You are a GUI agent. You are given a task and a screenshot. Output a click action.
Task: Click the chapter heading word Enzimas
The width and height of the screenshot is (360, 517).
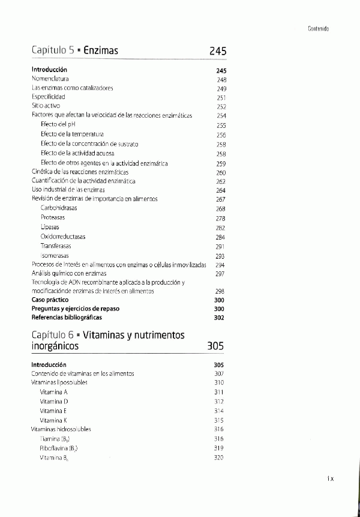[101, 51]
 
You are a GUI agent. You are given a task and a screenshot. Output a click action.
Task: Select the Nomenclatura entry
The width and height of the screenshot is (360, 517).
[50, 79]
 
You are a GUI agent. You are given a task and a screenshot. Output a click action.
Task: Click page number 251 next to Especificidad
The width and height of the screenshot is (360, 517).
[221, 97]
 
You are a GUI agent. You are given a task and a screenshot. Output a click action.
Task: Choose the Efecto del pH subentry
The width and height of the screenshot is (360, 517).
[56, 125]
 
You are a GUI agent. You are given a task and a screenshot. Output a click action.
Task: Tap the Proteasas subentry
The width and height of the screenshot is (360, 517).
[53, 217]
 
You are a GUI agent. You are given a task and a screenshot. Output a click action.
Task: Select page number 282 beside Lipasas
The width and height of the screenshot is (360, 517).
[220, 228]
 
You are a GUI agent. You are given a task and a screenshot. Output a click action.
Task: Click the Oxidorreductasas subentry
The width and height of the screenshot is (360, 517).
[63, 237]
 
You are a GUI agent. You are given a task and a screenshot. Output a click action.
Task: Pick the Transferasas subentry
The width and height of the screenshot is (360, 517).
[56, 246]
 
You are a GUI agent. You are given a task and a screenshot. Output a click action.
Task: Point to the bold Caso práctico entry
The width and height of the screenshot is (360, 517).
[50, 299]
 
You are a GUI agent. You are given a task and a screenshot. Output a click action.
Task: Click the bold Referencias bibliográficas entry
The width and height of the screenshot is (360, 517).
[67, 317]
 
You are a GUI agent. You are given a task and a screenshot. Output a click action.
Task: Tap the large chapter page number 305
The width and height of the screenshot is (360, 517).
[215, 346]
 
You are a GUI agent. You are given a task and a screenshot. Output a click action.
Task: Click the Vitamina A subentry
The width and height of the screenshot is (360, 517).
[53, 392]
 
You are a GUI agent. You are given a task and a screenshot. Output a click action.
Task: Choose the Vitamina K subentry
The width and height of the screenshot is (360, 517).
[53, 420]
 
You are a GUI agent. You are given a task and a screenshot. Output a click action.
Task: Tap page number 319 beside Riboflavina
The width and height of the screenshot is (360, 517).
[218, 448]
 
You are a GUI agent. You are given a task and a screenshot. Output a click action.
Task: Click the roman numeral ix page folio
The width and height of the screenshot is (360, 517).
[330, 479]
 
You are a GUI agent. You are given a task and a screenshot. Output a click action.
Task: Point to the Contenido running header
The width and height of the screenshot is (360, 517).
[318, 28]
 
